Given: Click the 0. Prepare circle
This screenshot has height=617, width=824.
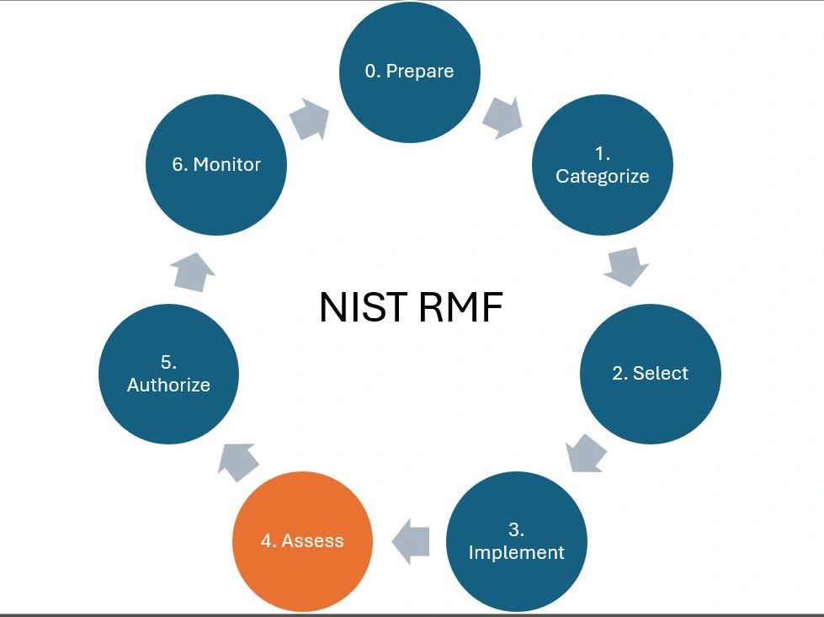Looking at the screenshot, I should click(409, 72).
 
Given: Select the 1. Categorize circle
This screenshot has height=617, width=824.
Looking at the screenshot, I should click(603, 165).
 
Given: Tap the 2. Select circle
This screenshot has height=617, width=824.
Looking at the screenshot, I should click(650, 374).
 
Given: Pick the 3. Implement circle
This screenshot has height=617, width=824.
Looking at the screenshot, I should click(516, 541).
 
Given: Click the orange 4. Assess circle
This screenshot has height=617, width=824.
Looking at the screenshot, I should click(302, 541).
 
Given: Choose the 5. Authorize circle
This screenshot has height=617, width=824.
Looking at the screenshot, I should click(168, 374).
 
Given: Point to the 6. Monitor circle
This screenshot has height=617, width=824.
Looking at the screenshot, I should click(216, 165).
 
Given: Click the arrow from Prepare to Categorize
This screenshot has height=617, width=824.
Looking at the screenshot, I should click(502, 117).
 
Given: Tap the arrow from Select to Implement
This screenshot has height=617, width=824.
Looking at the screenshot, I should click(586, 453).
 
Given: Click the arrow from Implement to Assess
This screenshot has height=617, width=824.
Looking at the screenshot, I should click(412, 540).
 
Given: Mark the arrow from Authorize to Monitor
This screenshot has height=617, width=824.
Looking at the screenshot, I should click(192, 271).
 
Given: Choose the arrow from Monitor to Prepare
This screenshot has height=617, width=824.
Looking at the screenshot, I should click(309, 120).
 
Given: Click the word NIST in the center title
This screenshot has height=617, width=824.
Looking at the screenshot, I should click(364, 307).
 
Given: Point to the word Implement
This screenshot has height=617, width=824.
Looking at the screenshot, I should click(516, 553).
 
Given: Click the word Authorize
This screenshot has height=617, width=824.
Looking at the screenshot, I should click(168, 386).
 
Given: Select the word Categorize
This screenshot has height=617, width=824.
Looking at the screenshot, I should click(603, 177).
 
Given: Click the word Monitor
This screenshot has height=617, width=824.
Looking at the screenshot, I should click(227, 165).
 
